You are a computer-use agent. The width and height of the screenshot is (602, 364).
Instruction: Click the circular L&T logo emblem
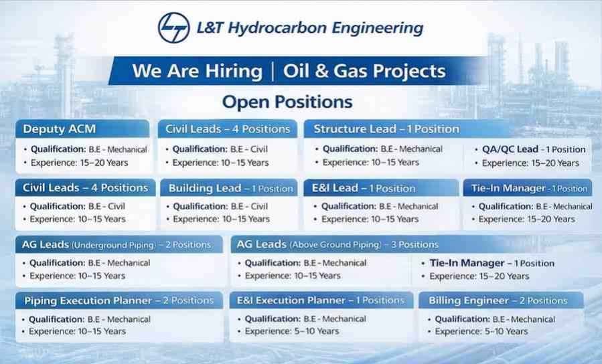[x=174, y=27]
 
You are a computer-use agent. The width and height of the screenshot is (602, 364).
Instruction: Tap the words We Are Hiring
[x=198, y=71]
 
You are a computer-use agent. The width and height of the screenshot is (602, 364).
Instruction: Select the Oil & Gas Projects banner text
[x=364, y=72]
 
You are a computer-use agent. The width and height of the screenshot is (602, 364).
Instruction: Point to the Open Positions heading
[x=287, y=102]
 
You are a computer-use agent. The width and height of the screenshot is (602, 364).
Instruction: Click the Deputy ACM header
[x=60, y=129]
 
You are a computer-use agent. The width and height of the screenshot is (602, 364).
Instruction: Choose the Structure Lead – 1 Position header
[x=386, y=129]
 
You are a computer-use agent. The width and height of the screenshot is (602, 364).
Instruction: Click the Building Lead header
[x=231, y=188]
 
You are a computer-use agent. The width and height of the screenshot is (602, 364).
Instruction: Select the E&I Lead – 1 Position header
[x=364, y=188]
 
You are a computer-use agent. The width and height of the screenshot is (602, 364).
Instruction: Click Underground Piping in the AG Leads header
[x=114, y=245]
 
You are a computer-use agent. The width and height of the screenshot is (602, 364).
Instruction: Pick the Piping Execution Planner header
[x=119, y=300]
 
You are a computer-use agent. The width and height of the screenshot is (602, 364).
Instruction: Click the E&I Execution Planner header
[x=321, y=300]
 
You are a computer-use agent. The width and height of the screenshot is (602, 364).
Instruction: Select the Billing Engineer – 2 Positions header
[x=498, y=300]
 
